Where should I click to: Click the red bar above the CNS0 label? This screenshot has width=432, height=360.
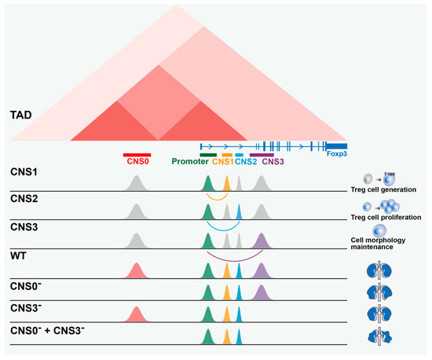point(137,155)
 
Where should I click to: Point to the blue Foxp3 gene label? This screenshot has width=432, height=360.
point(337,156)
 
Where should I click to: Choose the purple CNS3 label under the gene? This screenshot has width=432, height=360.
point(273,163)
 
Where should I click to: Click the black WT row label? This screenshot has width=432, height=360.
point(19,256)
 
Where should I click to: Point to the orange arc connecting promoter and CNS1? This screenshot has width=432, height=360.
point(217,198)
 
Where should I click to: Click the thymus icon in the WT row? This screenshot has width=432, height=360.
point(383,270)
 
